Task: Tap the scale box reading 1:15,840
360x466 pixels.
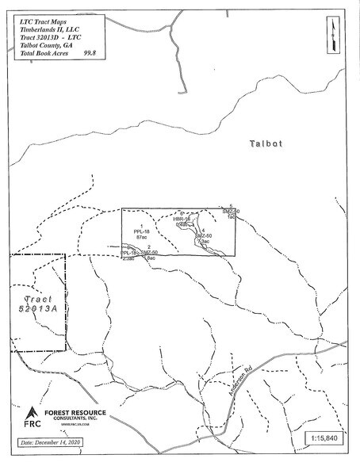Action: point(326,438)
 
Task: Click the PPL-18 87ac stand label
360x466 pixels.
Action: point(143,232)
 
